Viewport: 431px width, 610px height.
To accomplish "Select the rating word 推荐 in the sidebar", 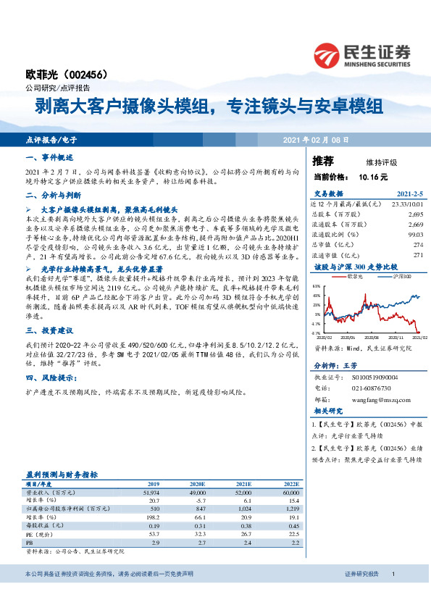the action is [x=323, y=161].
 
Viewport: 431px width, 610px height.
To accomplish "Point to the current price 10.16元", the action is [x=373, y=176].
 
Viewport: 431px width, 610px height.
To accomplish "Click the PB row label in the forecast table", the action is [x=30, y=542].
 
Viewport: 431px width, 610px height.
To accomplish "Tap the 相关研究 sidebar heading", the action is [x=332, y=411].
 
